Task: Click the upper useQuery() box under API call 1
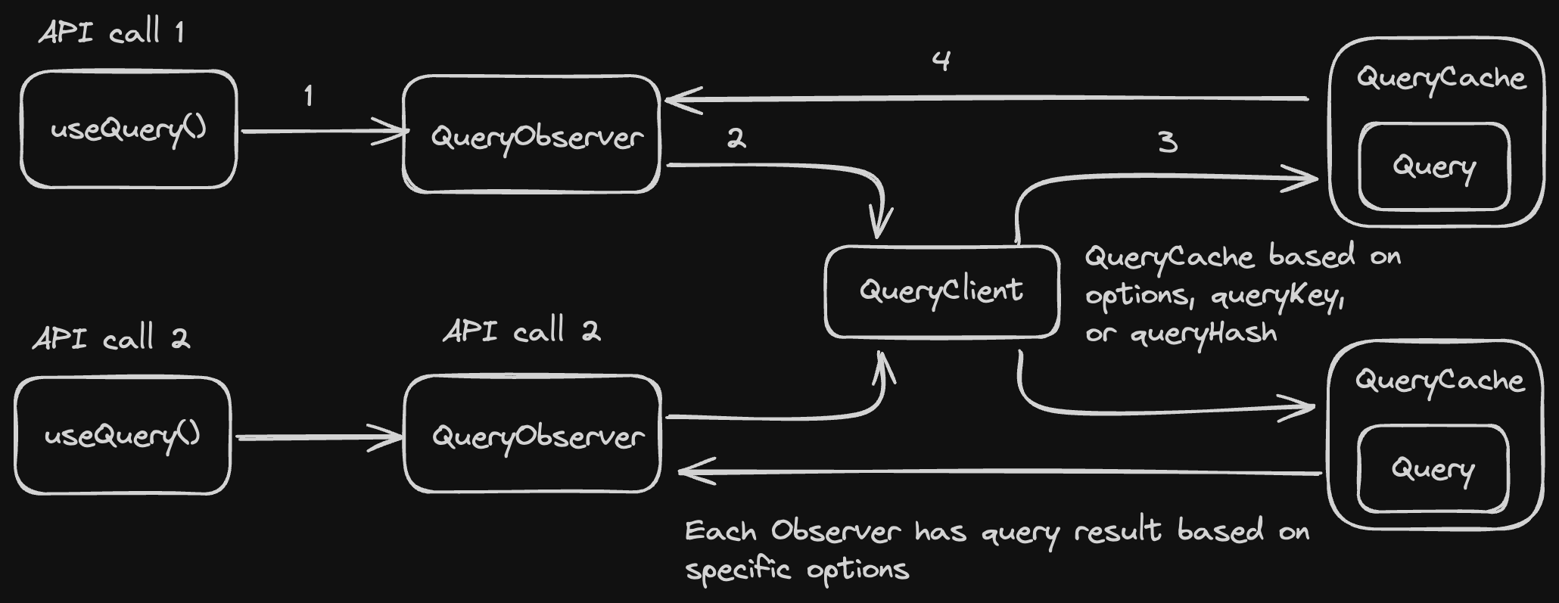[x=129, y=129]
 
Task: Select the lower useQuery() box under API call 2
[x=123, y=436]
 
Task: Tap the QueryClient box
[x=941, y=291]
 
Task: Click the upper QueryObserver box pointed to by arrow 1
[x=532, y=135]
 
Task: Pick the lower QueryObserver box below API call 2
[x=533, y=434]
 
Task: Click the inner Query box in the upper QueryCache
[x=1434, y=166]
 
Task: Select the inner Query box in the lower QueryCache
[x=1433, y=469]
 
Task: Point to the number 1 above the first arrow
[x=308, y=96]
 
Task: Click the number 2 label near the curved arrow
[x=736, y=138]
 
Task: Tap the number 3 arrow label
[x=1168, y=141]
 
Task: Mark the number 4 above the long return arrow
[x=941, y=61]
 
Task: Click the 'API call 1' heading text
[x=111, y=33]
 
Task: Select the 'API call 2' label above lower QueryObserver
[x=521, y=331]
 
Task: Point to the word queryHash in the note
[x=1203, y=334]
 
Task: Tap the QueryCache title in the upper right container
[x=1440, y=79]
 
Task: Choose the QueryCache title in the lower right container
[x=1439, y=381]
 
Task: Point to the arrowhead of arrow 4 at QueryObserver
[x=677, y=100]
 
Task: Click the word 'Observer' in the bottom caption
[x=836, y=531]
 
